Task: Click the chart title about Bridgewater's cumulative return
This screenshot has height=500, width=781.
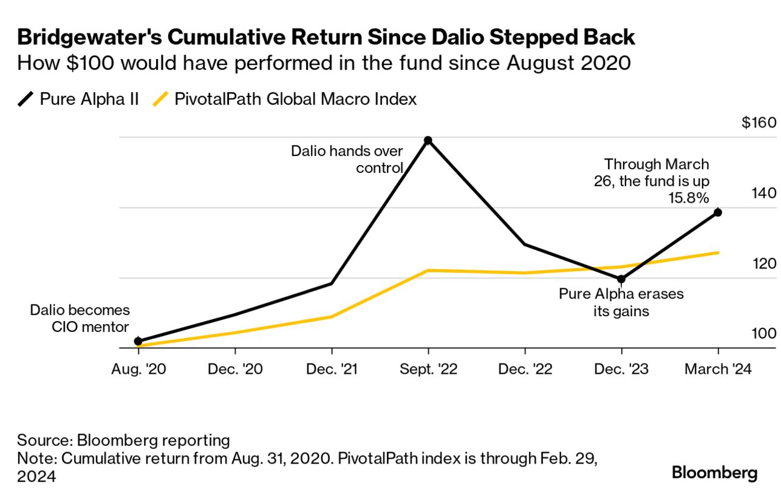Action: coord(326,38)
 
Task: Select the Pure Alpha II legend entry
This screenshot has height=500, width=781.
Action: coord(79,99)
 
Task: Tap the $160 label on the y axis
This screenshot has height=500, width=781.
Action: coord(759,123)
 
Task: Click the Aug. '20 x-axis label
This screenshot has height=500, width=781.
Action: coord(138,370)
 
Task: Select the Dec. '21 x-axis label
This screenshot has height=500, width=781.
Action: coord(332,370)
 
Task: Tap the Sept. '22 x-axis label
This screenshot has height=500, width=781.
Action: coord(428,370)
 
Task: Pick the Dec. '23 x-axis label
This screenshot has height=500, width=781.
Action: coord(621,370)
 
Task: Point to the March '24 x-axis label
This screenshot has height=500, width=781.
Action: coord(718,370)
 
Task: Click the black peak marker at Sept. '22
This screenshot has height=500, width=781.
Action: coord(428,140)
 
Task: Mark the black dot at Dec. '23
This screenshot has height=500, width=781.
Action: coord(621,279)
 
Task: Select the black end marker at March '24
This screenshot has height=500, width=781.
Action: coord(718,212)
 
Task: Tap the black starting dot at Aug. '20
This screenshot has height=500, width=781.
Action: coord(138,341)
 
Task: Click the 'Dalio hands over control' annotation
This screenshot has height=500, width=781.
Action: coord(347,159)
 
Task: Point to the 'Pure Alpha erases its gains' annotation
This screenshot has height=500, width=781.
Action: coord(621,303)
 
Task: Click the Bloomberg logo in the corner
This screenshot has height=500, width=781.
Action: coord(714,473)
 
